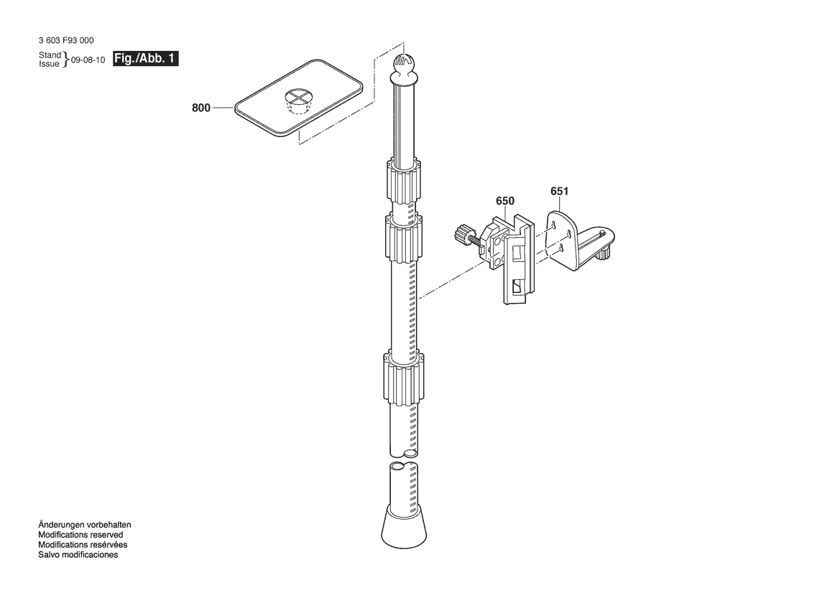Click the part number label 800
point(201,108)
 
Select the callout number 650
point(504,201)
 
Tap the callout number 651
point(559,191)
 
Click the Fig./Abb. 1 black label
point(145,58)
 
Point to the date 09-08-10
point(88,60)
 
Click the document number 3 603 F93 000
point(66,40)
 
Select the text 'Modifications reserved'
point(80,535)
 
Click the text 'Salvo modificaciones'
point(78,555)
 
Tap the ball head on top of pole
point(405,64)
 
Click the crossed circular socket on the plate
point(298,100)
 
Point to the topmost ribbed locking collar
point(402,180)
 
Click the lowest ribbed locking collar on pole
point(403,378)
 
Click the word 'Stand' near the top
point(50,55)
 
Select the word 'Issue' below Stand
point(49,64)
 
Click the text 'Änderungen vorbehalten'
point(85,525)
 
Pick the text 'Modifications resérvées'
point(83,545)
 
